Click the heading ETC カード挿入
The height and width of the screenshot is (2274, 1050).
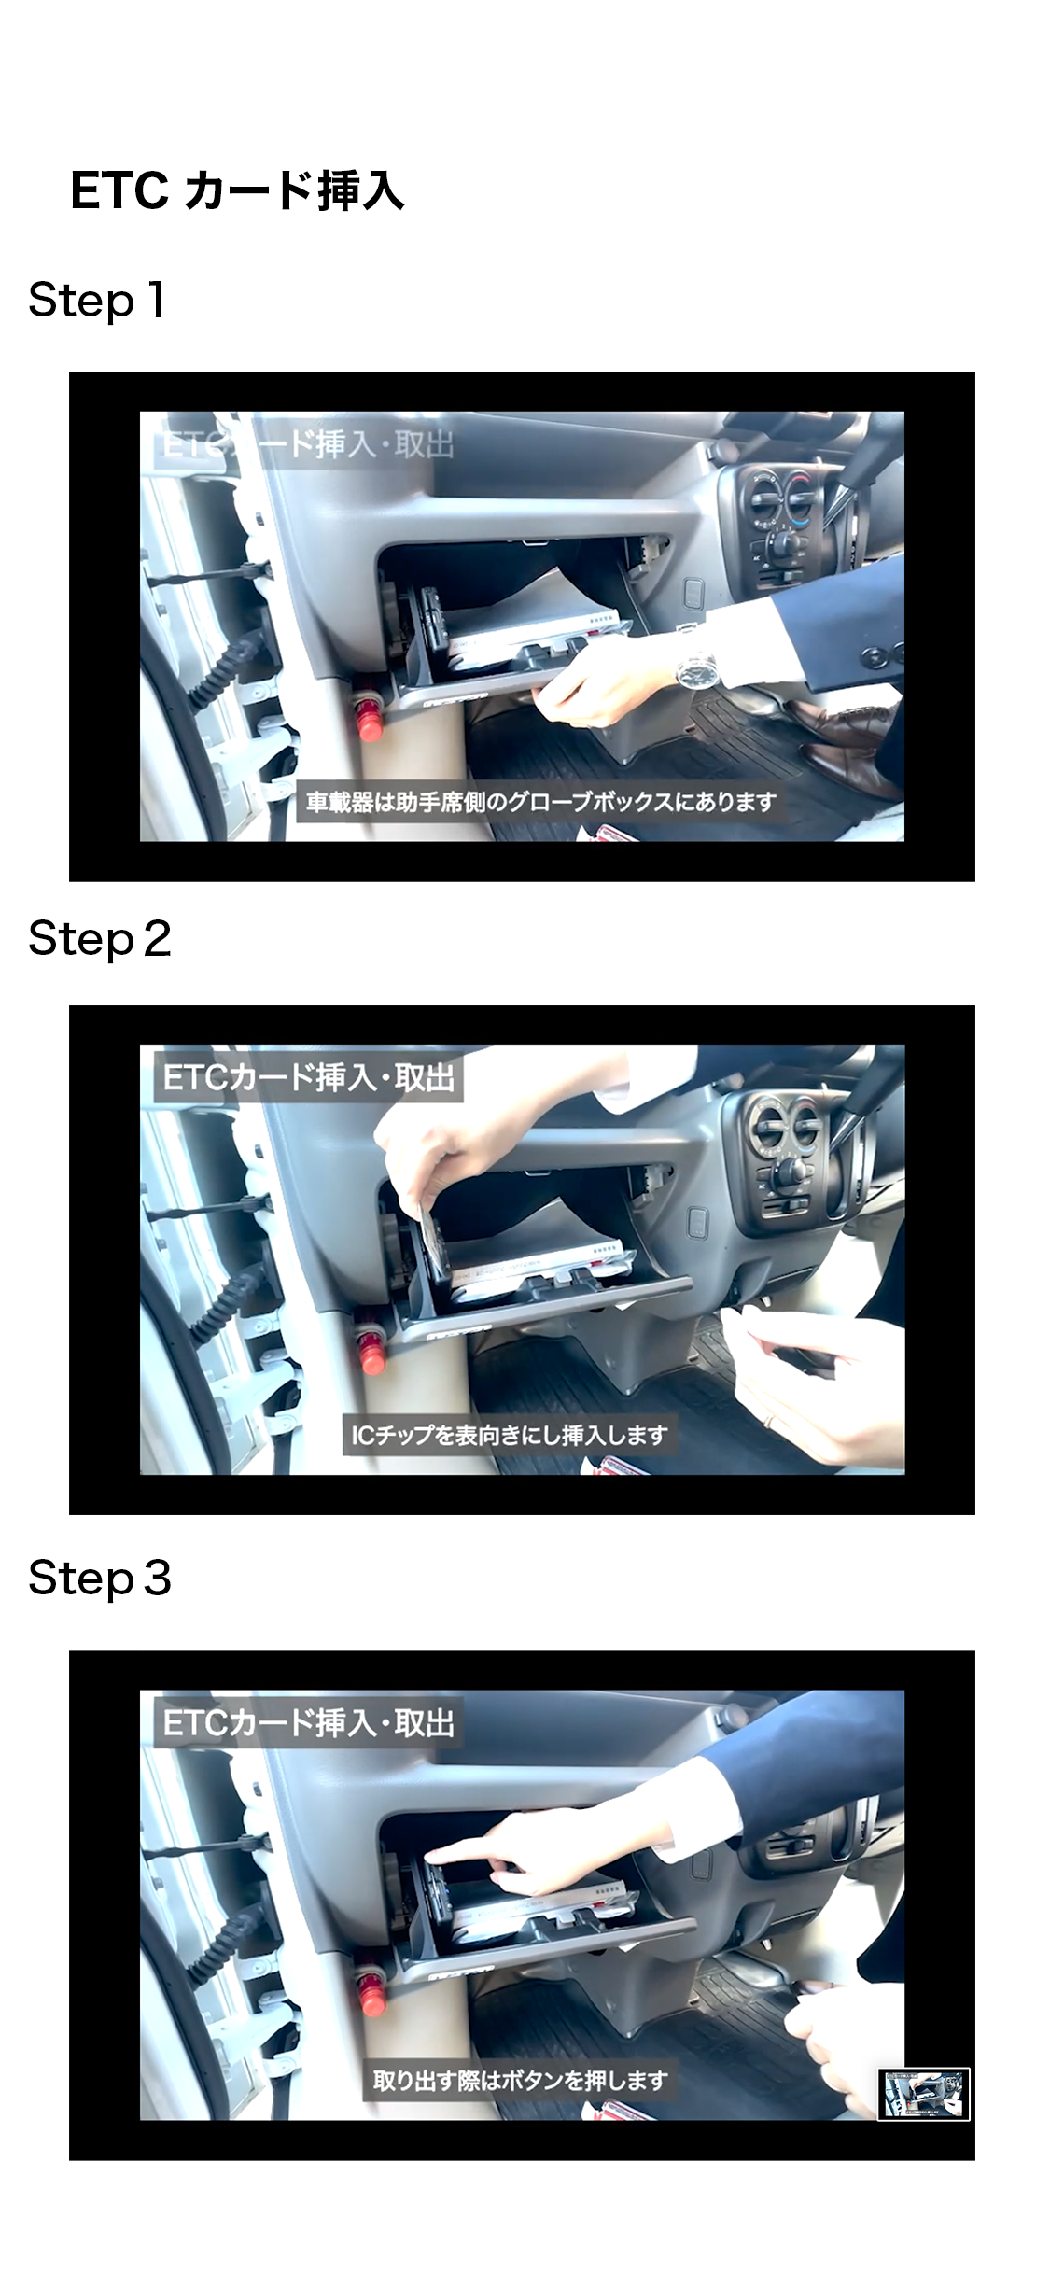pyautogui.click(x=237, y=190)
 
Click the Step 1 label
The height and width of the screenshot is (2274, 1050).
pyautogui.click(x=97, y=301)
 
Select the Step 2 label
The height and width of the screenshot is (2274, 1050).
pyautogui.click(x=100, y=939)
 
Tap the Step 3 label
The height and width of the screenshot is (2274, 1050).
pyautogui.click(x=100, y=1579)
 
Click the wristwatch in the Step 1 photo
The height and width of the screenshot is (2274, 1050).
pyautogui.click(x=696, y=667)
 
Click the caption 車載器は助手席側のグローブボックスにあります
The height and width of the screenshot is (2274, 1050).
pyautogui.click(x=541, y=802)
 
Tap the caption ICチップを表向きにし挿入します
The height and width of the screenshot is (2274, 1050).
pyautogui.click(x=509, y=1435)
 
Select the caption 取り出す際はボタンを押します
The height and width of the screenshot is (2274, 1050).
pyautogui.click(x=520, y=2080)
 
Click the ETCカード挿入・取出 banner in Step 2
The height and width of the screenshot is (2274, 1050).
pyautogui.click(x=308, y=1078)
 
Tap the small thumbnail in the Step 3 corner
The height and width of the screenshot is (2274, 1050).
pyautogui.click(x=924, y=2094)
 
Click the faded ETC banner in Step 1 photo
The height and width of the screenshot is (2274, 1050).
pyautogui.click(x=308, y=444)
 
